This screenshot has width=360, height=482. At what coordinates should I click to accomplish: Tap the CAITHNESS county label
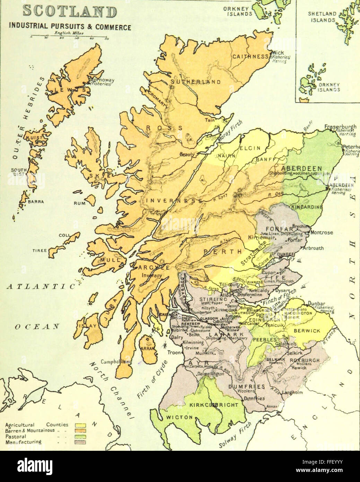coord(251,57)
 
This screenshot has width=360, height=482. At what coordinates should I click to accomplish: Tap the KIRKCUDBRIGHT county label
coord(214,405)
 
